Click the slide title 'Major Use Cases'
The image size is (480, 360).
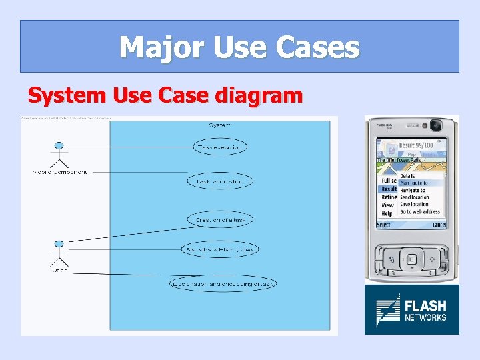(239, 47)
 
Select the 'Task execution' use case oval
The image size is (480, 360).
(219, 146)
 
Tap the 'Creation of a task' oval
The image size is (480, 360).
(219, 220)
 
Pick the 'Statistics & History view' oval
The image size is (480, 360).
(219, 249)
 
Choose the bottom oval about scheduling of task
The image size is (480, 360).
(223, 283)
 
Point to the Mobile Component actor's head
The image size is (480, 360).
(59, 146)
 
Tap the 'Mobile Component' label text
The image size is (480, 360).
(59, 172)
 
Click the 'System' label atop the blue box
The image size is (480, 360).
(219, 124)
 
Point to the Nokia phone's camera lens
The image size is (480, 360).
(436, 125)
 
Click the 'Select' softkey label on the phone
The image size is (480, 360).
(384, 225)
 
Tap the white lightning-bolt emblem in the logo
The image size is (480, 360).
(387, 309)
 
